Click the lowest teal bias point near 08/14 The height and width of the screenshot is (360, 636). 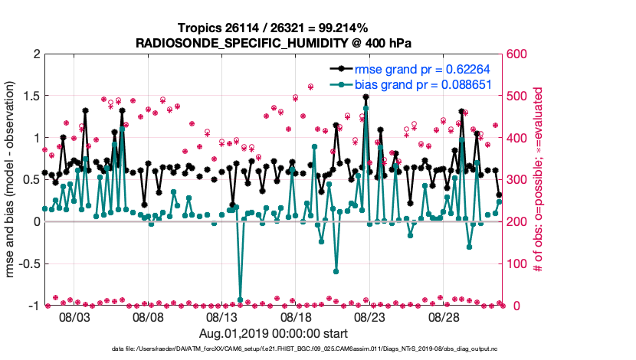coord(241,299)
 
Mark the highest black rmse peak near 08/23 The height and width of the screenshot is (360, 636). coord(366,97)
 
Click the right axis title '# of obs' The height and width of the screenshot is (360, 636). coord(539,180)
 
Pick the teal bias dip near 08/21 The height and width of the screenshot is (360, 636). coord(336,271)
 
